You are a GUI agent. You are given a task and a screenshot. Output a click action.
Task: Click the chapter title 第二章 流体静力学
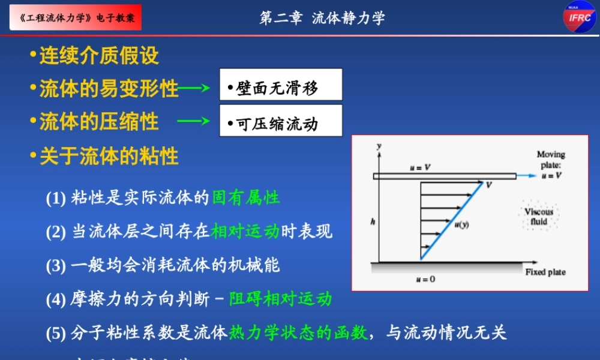(322, 17)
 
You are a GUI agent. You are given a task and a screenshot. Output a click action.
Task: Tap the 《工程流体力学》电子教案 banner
(76, 18)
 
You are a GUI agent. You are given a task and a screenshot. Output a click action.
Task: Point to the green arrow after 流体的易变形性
(193, 89)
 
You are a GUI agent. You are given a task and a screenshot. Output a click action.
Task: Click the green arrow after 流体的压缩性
(193, 122)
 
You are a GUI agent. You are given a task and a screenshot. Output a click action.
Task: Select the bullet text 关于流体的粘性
(109, 157)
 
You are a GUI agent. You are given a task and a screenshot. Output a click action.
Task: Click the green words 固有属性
(246, 197)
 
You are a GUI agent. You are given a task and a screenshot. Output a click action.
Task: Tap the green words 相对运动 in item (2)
(245, 232)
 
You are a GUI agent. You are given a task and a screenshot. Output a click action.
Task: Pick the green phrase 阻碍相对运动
(280, 298)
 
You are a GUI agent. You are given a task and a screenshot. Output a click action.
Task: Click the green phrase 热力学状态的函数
(298, 332)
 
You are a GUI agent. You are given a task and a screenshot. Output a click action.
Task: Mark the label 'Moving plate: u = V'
(550, 165)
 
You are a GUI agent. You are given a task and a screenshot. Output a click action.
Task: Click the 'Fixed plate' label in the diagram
(545, 272)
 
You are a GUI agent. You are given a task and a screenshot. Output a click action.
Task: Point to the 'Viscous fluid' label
(538, 216)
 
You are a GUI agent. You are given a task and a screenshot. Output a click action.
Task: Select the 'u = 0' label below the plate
(425, 279)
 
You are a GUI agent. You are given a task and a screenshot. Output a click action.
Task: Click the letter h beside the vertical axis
(373, 221)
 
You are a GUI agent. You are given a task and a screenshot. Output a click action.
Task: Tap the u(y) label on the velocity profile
(461, 224)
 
